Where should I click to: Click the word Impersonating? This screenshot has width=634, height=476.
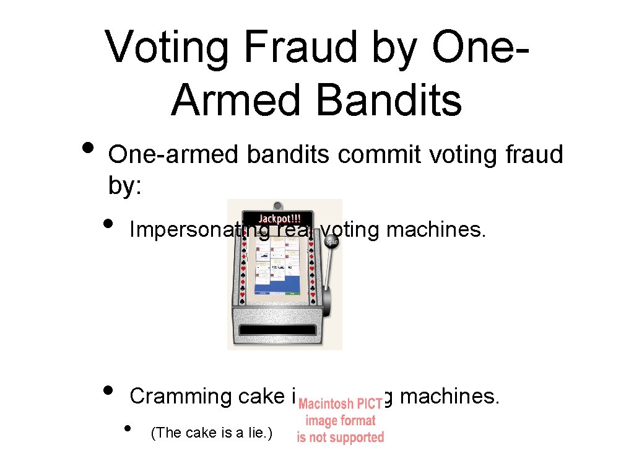coord(198,231)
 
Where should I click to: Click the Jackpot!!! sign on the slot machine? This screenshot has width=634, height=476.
coord(279,218)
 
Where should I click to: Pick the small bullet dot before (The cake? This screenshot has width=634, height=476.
coord(128,428)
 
